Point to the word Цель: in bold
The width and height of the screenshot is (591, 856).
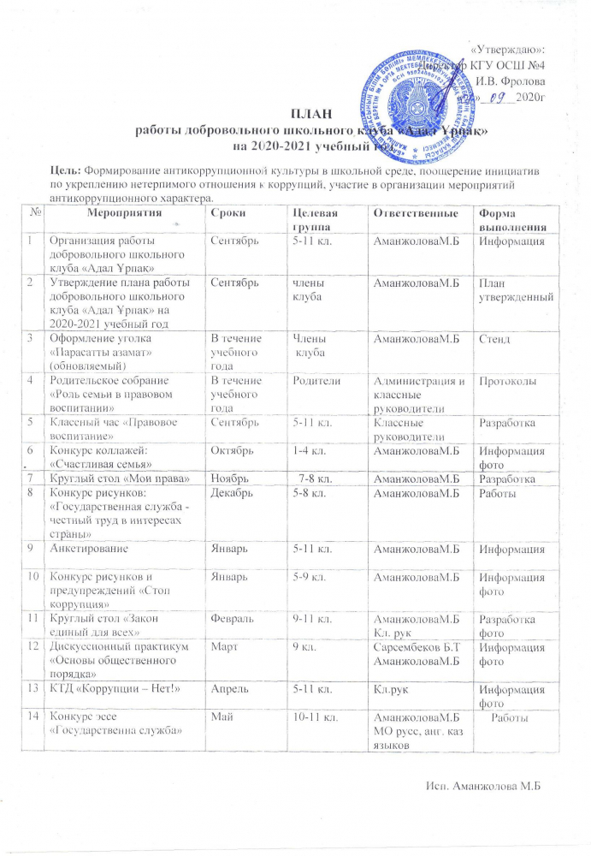tap(67, 169)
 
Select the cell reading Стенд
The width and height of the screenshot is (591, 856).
tap(495, 340)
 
